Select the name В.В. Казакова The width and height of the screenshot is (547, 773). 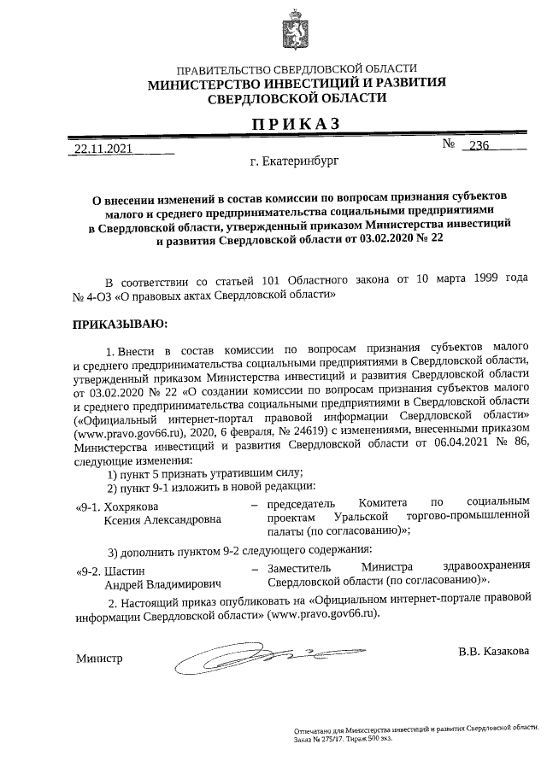click(x=493, y=651)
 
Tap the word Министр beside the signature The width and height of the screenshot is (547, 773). click(x=100, y=659)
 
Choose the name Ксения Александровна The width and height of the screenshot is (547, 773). click(x=162, y=518)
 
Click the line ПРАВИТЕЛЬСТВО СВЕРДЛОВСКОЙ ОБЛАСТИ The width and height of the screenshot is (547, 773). click(x=297, y=68)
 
